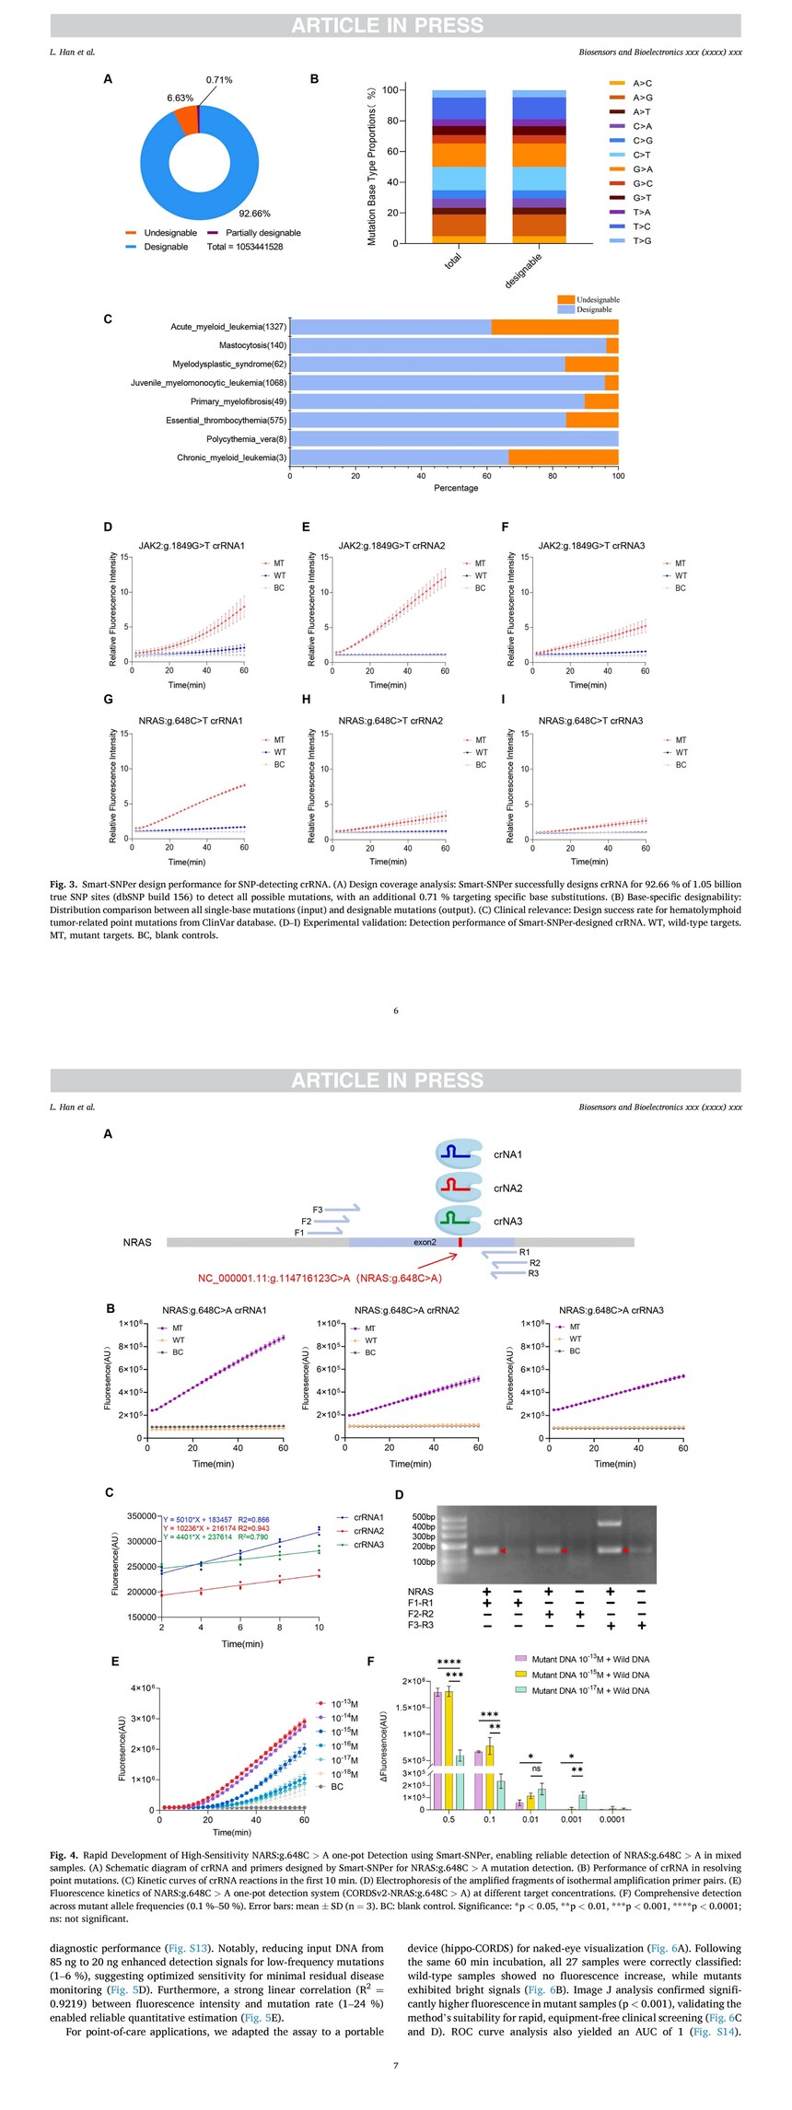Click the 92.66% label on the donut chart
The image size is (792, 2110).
255,214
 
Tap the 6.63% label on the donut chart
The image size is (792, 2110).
181,98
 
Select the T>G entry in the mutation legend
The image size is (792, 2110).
642,241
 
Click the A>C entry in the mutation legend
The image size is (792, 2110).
642,84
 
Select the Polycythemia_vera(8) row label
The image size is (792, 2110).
246,439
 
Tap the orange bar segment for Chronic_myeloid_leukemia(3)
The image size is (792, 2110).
563,458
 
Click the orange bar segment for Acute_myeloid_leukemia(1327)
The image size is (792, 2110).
554,327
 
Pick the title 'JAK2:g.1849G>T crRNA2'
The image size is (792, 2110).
391,546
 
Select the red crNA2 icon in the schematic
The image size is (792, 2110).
459,1188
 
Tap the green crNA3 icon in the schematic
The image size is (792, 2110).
459,1221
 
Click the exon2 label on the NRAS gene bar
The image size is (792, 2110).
425,1242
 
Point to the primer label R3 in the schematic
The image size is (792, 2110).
533,1273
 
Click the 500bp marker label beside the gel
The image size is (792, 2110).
423,1516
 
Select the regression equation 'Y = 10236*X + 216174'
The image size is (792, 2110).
213,1527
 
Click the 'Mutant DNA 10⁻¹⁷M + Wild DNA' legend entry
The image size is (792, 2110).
589,1690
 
